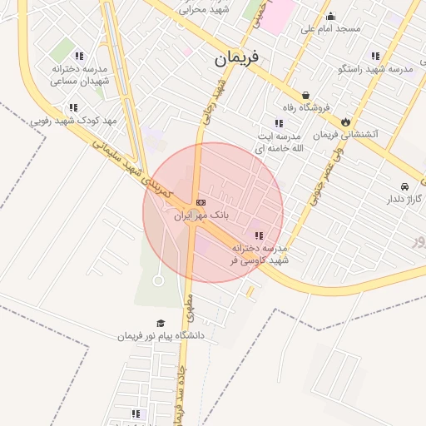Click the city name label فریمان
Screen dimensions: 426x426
(x=236, y=58)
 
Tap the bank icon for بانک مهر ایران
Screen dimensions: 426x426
(x=201, y=202)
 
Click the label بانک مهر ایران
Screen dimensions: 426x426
(x=201, y=215)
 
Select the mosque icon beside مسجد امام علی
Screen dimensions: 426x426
(x=330, y=16)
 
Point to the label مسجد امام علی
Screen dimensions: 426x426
(x=330, y=28)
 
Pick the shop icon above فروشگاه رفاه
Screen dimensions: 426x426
(x=305, y=95)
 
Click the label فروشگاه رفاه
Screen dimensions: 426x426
(x=305, y=107)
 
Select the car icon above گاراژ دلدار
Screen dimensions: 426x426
(x=404, y=186)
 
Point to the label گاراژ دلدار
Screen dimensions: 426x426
(x=404, y=199)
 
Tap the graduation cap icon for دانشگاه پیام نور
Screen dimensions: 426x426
(x=160, y=324)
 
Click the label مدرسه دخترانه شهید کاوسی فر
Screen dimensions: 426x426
(x=259, y=254)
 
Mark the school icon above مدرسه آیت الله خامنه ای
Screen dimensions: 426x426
(x=279, y=123)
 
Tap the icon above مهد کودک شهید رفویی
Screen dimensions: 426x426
(x=73, y=108)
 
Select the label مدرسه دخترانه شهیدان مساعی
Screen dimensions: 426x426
(x=80, y=74)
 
